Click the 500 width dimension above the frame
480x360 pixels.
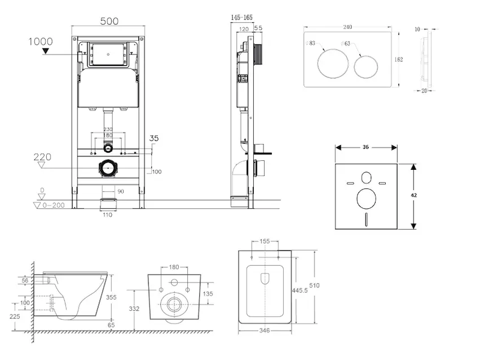109,21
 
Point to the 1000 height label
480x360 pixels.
40,41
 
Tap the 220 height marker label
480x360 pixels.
41,157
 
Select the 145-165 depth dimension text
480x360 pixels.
242,18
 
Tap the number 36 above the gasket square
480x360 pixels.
365,147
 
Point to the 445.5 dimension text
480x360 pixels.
300,290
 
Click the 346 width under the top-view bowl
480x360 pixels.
264,330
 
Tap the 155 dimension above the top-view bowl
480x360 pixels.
265,241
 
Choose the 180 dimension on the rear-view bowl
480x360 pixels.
174,267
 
